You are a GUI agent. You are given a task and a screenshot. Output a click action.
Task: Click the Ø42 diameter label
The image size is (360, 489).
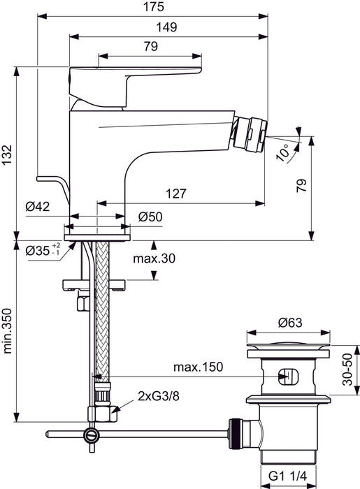38,207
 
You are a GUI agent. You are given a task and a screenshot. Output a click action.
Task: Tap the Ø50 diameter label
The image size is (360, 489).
150,217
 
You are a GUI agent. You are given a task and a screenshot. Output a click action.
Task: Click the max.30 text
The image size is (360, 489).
154,259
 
